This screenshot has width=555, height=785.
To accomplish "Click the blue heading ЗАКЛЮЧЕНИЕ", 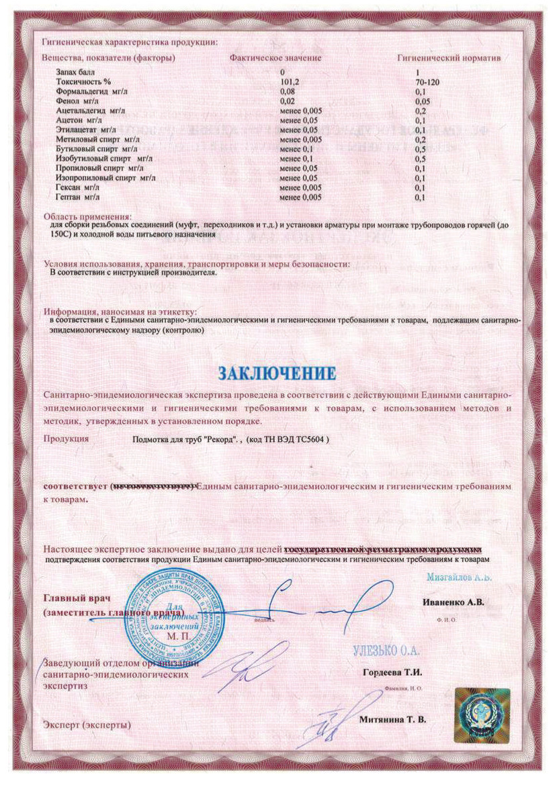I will pyautogui.click(x=276, y=371).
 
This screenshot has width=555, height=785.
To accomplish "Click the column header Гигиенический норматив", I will pyautogui.click(x=450, y=58).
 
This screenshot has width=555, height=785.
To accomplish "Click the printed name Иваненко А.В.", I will pyautogui.click(x=454, y=602).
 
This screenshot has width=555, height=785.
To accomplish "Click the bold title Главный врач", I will pyautogui.click(x=76, y=598).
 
